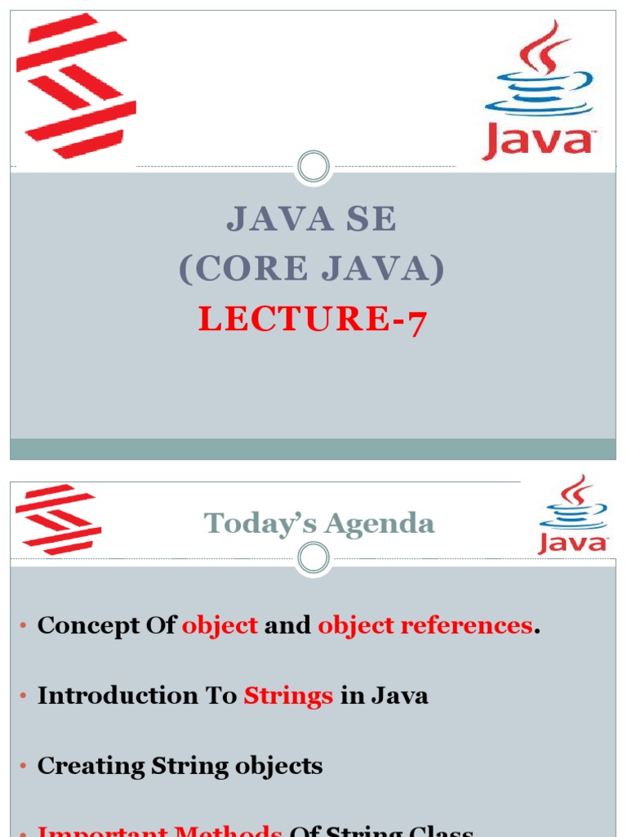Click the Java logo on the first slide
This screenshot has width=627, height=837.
(x=539, y=92)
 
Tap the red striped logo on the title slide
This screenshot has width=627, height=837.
(x=75, y=85)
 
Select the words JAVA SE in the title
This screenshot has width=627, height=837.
(x=312, y=219)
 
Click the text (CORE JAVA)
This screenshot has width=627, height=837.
(x=312, y=269)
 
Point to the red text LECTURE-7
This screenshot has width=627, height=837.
(x=312, y=320)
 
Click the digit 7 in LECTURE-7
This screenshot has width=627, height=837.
(x=416, y=321)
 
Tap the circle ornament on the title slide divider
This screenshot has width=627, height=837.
(x=313, y=168)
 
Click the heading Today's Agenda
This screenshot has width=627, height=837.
(x=319, y=523)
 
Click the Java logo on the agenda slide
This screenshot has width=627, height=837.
(x=573, y=517)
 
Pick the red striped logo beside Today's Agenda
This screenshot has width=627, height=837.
(x=58, y=520)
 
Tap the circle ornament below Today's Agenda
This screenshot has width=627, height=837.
(x=313, y=559)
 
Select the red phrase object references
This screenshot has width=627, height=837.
(x=425, y=625)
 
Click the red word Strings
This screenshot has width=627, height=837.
(x=288, y=696)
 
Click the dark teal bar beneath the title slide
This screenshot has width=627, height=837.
(x=313, y=449)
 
